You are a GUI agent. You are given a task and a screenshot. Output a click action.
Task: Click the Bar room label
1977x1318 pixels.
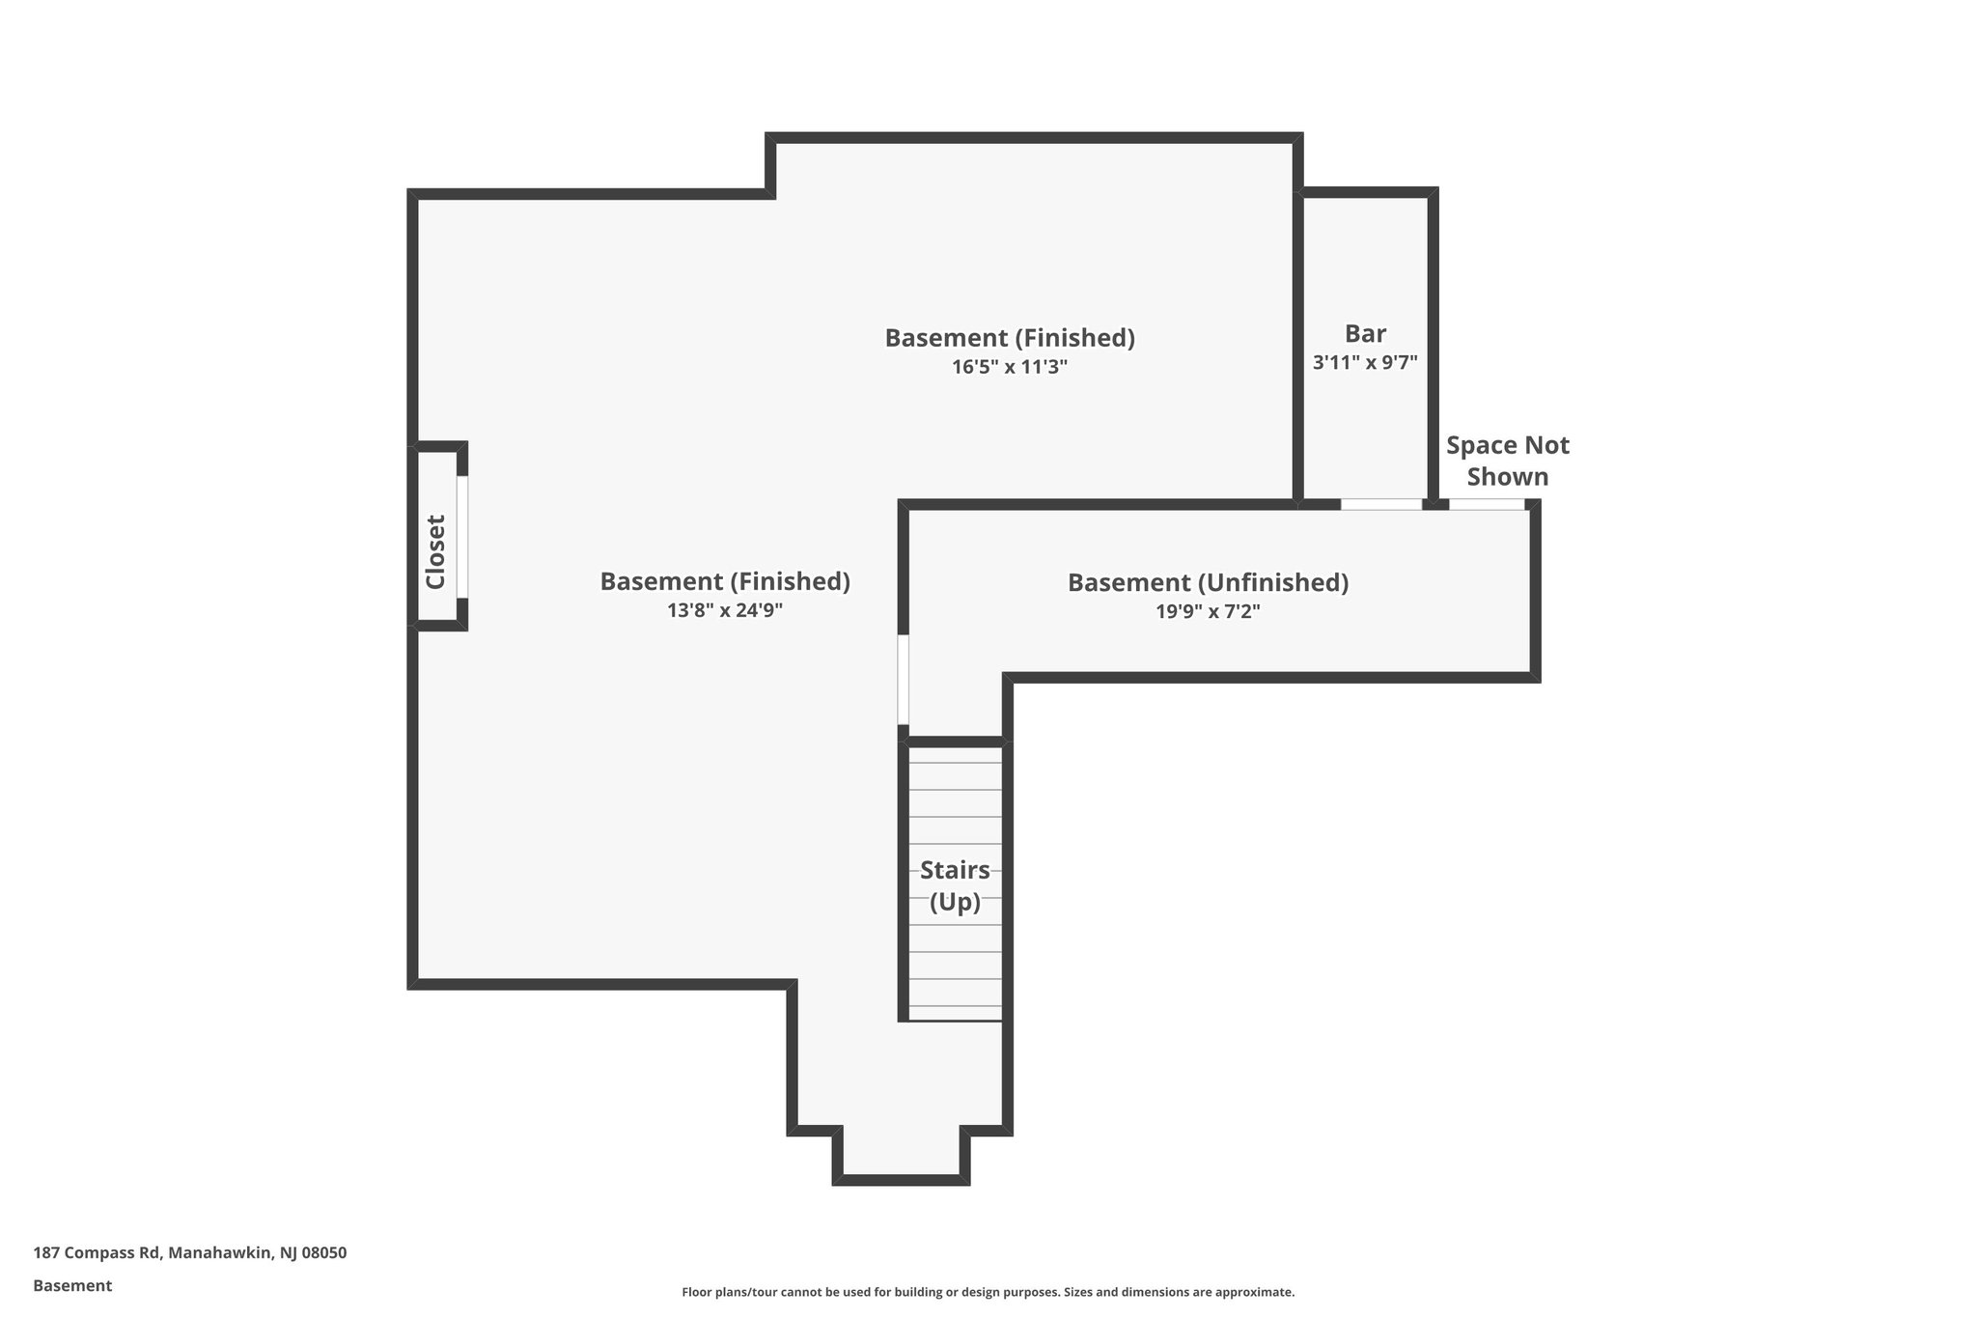click(x=1365, y=334)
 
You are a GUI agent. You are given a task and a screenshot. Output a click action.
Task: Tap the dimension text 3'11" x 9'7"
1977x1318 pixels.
click(x=1365, y=363)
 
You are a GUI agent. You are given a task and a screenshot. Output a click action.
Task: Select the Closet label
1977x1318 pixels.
click(x=435, y=551)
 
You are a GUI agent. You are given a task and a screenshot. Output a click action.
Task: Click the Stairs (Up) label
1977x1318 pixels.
click(x=955, y=885)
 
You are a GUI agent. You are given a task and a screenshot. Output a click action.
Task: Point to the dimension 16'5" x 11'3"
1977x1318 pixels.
click(x=1010, y=367)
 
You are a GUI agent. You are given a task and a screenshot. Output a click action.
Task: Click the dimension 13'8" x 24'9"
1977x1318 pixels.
click(x=725, y=610)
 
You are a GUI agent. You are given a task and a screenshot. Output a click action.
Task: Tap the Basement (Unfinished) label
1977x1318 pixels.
click(x=1208, y=582)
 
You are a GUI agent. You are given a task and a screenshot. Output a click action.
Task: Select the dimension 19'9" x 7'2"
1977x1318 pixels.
click(x=1208, y=611)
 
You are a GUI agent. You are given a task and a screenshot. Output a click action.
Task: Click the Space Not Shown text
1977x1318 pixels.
click(x=1507, y=461)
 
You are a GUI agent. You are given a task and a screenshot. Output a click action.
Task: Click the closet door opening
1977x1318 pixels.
click(x=462, y=537)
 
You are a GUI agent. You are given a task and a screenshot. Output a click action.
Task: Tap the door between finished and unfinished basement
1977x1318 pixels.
click(x=904, y=679)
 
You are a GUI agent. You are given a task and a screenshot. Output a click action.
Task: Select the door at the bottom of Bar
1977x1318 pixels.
click(x=1381, y=504)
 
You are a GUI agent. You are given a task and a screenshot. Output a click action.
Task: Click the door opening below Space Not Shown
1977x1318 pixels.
click(x=1487, y=504)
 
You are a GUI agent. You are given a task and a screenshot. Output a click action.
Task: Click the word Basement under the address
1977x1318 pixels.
click(x=72, y=1286)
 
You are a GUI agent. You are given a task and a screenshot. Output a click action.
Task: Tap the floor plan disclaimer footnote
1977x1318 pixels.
click(x=988, y=1292)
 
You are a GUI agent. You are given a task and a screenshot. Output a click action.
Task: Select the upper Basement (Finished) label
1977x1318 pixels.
click(x=1010, y=338)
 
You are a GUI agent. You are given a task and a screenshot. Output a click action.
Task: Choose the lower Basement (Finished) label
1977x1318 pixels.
click(x=725, y=581)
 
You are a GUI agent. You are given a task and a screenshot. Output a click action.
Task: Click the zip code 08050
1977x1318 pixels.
click(x=324, y=1253)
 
